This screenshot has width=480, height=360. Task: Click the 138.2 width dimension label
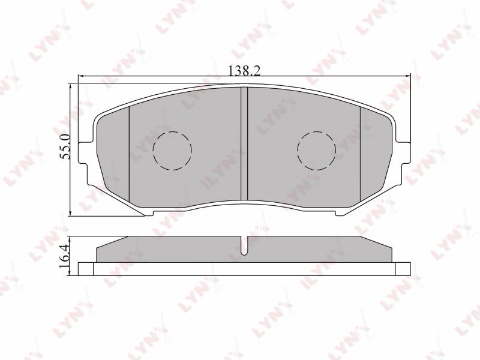coord(244,71)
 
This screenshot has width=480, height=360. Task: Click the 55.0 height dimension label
coord(65,146)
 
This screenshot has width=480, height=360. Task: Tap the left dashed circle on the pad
coord(172,151)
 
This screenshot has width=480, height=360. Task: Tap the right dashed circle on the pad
coord(317,151)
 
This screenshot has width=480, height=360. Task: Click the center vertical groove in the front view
coord(244,143)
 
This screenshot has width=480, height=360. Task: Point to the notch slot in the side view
coord(244,246)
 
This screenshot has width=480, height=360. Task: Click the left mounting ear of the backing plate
coord(85,153)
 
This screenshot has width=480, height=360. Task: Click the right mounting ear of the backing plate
coord(403,153)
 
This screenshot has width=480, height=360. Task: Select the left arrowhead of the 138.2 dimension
coord(81,76)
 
